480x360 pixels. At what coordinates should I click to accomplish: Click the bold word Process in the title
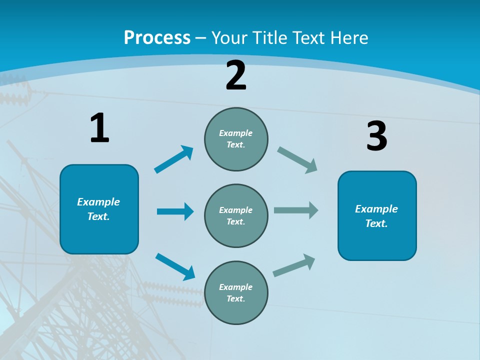[x=157, y=38]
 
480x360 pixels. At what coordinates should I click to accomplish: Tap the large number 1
[x=99, y=128]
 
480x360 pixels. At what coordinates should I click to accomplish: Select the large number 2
[x=236, y=75]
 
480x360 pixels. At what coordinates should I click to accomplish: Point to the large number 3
[x=376, y=136]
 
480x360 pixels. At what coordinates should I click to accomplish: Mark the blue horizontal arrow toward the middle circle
[x=175, y=211]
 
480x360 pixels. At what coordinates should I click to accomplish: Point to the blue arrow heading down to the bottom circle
[x=175, y=266]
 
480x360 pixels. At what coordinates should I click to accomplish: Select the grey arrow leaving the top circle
[x=297, y=160]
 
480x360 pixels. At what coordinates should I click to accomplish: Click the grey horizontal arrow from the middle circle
[x=296, y=210]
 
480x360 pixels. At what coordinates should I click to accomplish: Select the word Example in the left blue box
[x=98, y=202]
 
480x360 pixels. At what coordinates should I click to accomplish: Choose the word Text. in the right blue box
[x=376, y=223]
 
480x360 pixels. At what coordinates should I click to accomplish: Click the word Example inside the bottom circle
[x=235, y=287]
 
